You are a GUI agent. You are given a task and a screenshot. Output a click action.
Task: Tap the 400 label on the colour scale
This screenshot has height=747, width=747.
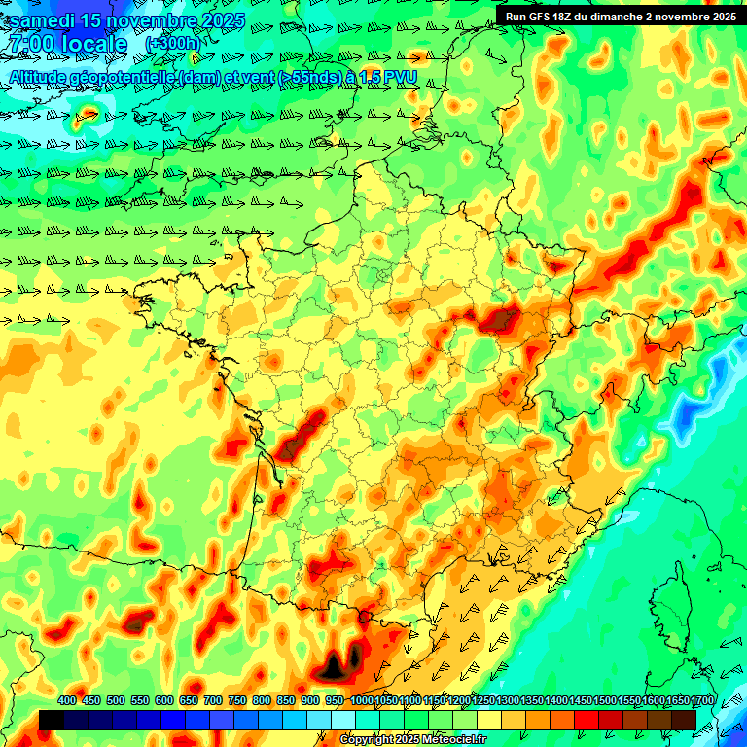(67, 701)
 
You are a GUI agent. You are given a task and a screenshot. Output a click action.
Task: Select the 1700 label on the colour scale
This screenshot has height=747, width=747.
(675, 701)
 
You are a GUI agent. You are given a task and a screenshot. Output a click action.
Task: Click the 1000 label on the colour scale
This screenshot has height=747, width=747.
(361, 701)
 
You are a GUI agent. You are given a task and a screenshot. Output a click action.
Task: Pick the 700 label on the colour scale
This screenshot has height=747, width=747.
(213, 701)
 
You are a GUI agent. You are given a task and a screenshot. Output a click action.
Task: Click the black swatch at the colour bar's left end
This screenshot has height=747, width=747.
(52, 720)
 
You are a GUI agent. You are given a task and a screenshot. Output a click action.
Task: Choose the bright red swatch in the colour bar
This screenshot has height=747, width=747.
(587, 720)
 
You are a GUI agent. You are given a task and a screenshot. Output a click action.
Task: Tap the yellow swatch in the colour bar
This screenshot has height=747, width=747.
(489, 720)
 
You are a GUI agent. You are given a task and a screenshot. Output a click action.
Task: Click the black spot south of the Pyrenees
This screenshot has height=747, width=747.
(336, 666)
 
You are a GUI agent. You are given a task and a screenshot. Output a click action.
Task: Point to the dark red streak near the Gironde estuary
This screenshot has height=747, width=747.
(302, 436)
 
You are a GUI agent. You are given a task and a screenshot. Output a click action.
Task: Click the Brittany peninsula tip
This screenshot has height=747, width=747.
(141, 288)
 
